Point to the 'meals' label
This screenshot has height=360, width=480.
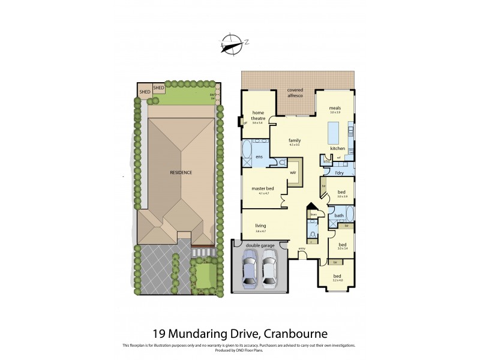[x=334, y=108]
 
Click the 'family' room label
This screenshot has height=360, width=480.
[x=294, y=140]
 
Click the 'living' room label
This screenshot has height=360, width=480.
[x=260, y=225]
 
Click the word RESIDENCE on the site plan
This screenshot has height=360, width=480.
[x=180, y=172]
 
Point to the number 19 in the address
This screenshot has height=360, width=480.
[x=158, y=332]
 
